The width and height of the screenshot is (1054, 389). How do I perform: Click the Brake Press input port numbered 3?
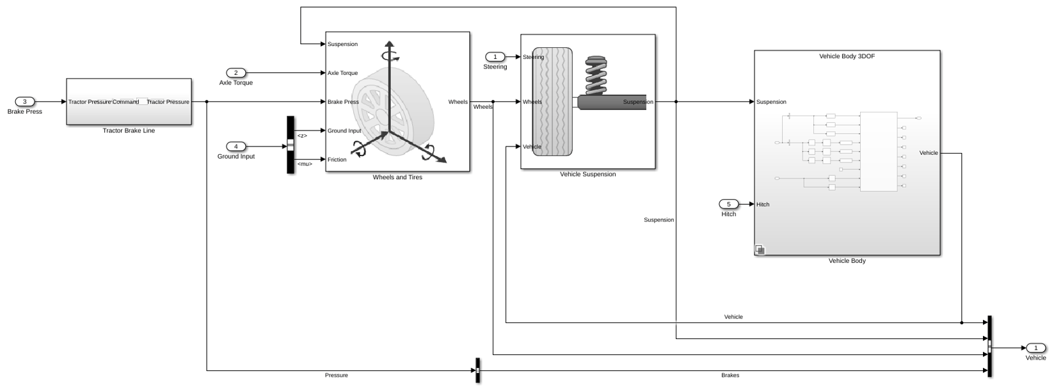coord(25,102)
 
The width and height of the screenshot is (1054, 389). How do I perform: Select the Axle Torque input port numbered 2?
coord(236,73)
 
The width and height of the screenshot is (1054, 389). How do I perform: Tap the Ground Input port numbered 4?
coord(236,147)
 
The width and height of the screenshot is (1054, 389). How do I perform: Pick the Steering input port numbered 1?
coord(495,57)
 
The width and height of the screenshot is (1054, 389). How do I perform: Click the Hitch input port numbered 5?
coord(729,204)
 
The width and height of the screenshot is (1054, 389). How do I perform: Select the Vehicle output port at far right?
coord(1035,348)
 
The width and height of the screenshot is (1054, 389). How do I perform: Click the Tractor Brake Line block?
coord(129,102)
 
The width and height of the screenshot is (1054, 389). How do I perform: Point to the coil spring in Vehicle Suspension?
coord(596,75)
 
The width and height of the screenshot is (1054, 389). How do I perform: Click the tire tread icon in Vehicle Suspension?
coord(552,102)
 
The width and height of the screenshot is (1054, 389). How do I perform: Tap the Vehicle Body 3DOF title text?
coord(847,56)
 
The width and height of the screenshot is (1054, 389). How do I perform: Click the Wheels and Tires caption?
coord(397,177)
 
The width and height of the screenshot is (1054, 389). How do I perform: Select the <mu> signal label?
coord(305,164)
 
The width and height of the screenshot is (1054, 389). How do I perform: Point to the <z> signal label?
coord(302,136)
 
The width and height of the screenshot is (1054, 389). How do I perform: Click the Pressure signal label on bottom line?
coord(337,376)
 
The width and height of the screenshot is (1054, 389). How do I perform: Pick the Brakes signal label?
coord(730,376)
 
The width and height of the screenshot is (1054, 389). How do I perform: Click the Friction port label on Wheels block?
coord(337,159)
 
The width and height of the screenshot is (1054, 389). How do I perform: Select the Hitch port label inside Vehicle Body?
coord(763,204)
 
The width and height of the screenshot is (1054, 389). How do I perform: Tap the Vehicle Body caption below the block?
coord(847,260)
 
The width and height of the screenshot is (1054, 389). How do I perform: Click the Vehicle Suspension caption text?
coord(587,174)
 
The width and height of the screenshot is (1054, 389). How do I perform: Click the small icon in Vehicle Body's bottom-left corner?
coord(760,250)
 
